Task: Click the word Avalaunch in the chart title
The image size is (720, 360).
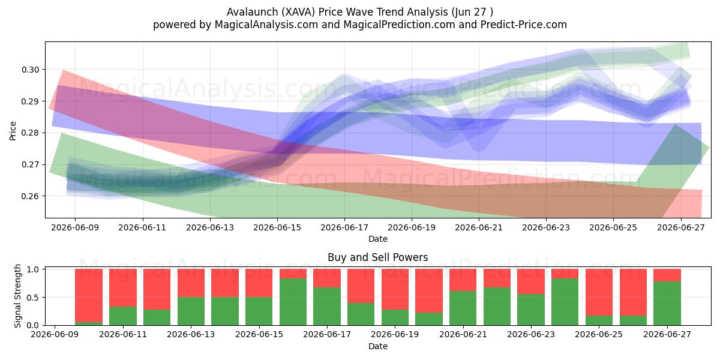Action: pyautogui.click(x=253, y=12)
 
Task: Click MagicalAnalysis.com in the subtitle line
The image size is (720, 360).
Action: pyautogui.click(x=266, y=25)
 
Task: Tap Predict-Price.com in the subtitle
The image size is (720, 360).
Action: pyautogui.click(x=524, y=25)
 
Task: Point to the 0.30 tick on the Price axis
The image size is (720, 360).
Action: pyautogui.click(x=30, y=70)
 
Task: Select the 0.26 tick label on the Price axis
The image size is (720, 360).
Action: pyautogui.click(x=30, y=196)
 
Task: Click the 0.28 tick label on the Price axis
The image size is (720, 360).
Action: pyautogui.click(x=30, y=133)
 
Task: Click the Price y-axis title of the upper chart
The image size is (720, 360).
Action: pyautogui.click(x=13, y=131)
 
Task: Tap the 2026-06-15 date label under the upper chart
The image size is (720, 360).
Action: pyautogui.click(x=277, y=228)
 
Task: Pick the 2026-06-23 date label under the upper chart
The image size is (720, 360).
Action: pyautogui.click(x=546, y=228)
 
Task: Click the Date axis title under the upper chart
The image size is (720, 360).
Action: pyautogui.click(x=378, y=239)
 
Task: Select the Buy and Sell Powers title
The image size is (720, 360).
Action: pyautogui.click(x=377, y=257)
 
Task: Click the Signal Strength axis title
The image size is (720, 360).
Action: pyautogui.click(x=17, y=296)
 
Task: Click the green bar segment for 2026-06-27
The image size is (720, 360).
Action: pyautogui.click(x=667, y=304)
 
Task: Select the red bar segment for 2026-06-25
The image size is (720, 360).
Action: pyautogui.click(x=599, y=292)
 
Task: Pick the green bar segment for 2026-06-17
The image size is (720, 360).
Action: pyautogui.click(x=327, y=307)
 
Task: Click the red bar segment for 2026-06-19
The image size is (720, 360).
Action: pyautogui.click(x=395, y=289)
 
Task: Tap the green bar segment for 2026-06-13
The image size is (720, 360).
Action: pyautogui.click(x=191, y=311)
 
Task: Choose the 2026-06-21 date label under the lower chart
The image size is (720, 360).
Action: pyautogui.click(x=463, y=335)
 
